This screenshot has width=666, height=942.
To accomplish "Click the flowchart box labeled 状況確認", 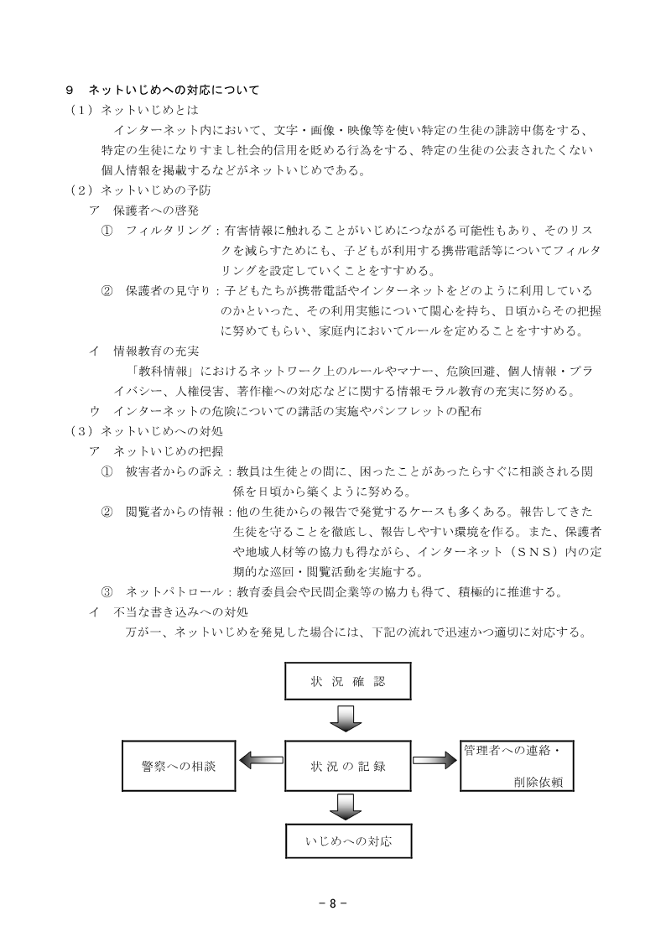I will [349, 681].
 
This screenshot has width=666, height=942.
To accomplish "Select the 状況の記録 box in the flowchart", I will [349, 765].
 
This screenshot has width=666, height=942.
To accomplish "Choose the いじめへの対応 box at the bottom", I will [349, 838].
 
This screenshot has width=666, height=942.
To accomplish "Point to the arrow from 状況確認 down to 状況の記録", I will [346, 718].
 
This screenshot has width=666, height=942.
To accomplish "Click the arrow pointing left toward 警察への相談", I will [261, 762].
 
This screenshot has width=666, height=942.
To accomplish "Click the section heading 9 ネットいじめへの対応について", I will [163, 90].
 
